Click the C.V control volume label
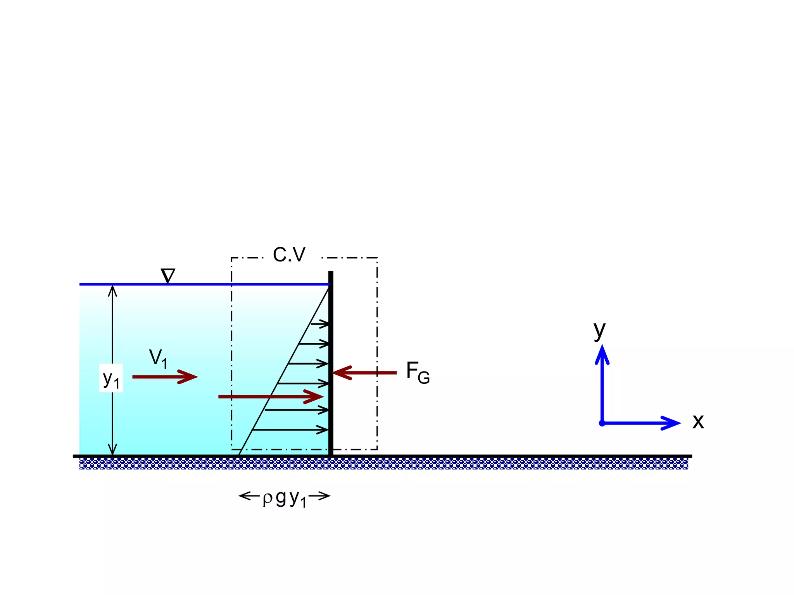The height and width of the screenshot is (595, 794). [289, 255]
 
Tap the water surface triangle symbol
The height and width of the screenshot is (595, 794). [168, 276]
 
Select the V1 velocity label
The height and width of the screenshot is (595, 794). [158, 359]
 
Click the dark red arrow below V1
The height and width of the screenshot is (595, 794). [165, 377]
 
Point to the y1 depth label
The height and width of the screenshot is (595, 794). [111, 378]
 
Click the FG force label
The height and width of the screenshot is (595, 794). [418, 372]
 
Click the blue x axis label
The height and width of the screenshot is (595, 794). [698, 421]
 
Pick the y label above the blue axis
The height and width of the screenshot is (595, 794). [599, 330]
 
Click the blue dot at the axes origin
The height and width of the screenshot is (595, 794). [602, 423]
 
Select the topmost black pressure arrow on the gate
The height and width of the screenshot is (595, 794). [320, 324]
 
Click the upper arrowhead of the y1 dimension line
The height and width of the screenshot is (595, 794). [112, 290]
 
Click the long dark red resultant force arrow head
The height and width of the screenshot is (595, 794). [316, 396]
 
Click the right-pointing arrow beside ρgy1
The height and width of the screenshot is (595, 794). [320, 495]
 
